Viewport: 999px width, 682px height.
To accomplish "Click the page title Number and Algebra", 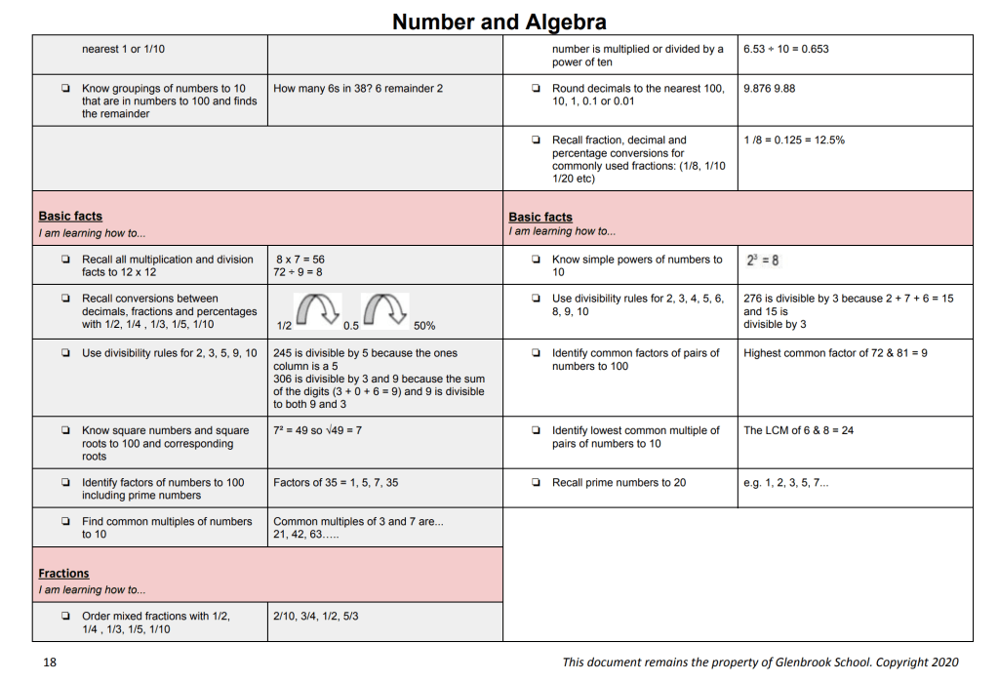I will (499, 21).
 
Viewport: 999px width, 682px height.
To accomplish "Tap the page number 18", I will (50, 662).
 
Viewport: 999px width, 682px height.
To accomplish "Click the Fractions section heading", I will (63, 574).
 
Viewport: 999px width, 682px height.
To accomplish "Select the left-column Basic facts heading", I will (70, 217).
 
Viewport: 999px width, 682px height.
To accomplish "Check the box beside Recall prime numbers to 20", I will (537, 482).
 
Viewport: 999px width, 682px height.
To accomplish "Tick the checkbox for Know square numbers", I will (65, 430).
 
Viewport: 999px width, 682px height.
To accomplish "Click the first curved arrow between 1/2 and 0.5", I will (315, 309).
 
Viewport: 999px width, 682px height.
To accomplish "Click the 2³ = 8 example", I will (762, 261).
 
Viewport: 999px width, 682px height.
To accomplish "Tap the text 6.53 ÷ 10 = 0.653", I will (785, 49).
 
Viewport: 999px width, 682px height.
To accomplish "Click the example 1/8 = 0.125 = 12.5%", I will (793, 140).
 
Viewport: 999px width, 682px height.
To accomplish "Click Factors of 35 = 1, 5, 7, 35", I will (336, 482).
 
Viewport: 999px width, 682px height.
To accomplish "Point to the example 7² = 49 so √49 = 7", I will (317, 430).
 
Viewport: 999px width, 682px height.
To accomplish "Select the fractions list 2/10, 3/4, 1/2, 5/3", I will (316, 617).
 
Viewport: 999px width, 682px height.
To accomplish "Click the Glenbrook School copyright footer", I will (760, 662).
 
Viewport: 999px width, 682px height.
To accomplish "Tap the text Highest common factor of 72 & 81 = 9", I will (835, 353).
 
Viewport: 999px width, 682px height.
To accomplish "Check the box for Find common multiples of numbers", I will (65, 522).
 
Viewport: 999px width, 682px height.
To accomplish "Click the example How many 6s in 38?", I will (358, 89).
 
